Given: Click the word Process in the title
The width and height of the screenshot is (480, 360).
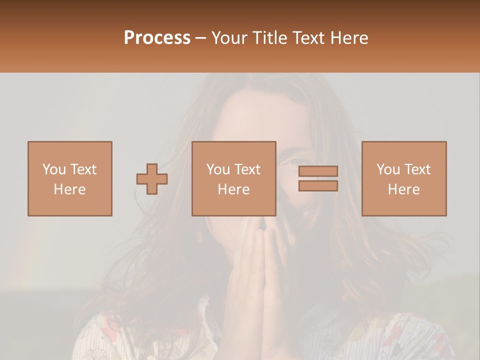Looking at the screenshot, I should [x=157, y=38].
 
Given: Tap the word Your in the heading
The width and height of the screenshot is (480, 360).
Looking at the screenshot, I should [x=229, y=38].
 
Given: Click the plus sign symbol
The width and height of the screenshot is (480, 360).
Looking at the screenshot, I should [x=152, y=178].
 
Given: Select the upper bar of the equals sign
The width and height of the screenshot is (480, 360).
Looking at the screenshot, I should [x=318, y=171].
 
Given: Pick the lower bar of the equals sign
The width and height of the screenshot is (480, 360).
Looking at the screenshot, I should [x=318, y=185].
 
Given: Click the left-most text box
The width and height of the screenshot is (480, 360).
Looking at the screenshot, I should [x=70, y=178].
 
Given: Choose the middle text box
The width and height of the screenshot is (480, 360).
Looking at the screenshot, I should [x=233, y=178].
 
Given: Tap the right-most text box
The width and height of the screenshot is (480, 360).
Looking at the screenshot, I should [x=403, y=178].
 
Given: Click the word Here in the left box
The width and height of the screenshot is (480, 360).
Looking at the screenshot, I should [x=70, y=189].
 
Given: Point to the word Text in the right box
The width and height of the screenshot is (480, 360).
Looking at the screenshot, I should [x=417, y=169].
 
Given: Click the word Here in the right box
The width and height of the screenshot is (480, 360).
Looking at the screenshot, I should [x=403, y=189].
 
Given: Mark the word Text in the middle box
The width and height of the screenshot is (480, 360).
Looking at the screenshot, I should [x=247, y=169].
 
